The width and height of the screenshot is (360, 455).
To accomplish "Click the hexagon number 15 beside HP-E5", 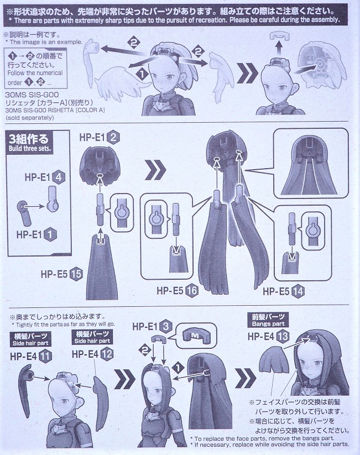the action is pyautogui.click(x=76, y=274).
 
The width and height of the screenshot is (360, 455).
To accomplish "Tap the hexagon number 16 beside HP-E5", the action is pyautogui.click(x=192, y=291).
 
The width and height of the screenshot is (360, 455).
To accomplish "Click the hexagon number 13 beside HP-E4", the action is pyautogui.click(x=282, y=336).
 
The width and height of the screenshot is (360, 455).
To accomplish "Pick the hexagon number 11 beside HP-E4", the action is pyautogui.click(x=45, y=357).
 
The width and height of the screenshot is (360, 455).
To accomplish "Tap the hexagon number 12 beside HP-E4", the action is pyautogui.click(x=107, y=354).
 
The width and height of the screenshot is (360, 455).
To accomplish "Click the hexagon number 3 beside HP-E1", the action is pyautogui.click(x=166, y=326).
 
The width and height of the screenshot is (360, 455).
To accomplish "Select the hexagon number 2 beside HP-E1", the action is pyautogui.click(x=113, y=137).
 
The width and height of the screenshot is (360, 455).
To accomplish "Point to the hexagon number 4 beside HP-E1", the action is pyautogui.click(x=59, y=177).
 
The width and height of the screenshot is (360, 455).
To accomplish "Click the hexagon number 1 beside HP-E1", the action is pyautogui.click(x=50, y=234).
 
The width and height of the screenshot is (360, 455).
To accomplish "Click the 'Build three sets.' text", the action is pyautogui.click(x=30, y=149).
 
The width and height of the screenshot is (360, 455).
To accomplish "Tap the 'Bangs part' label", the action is pyautogui.click(x=268, y=324).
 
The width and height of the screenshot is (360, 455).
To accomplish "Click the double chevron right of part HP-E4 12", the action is pyautogui.click(x=124, y=379).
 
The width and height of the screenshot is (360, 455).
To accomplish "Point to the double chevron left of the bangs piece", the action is pyautogui.click(x=246, y=378).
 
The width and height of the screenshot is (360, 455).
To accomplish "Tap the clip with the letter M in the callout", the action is pyautogui.click(x=196, y=336).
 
